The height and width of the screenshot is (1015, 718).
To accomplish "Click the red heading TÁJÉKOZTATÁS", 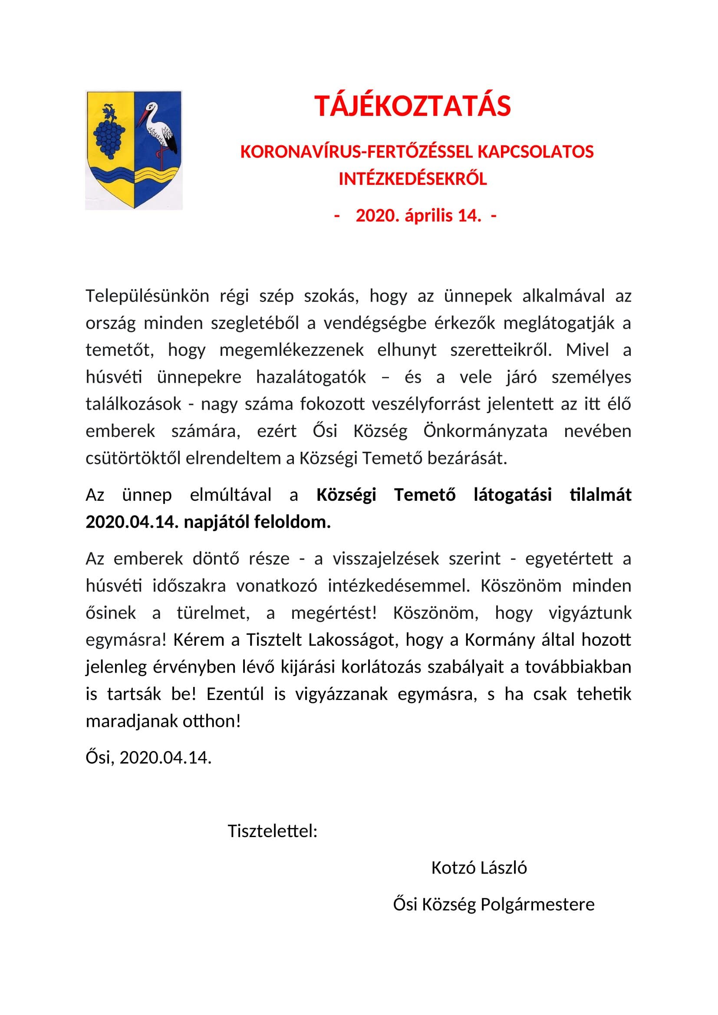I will click(412, 106).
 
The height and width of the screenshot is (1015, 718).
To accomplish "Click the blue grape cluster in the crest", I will click(109, 137).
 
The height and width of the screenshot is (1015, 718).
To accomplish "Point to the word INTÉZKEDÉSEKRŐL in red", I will click(412, 179).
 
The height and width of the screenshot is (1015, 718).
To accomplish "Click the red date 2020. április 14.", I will click(418, 216).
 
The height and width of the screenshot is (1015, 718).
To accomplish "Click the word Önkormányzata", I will click(485, 431).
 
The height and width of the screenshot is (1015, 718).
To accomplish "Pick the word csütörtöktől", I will click(133, 458).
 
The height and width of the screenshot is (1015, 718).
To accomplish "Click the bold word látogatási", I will click(512, 495).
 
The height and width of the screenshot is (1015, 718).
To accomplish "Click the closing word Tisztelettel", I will click(272, 831).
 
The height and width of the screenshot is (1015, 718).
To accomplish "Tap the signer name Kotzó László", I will click(479, 868).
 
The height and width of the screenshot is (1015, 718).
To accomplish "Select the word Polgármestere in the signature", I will click(537, 904).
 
